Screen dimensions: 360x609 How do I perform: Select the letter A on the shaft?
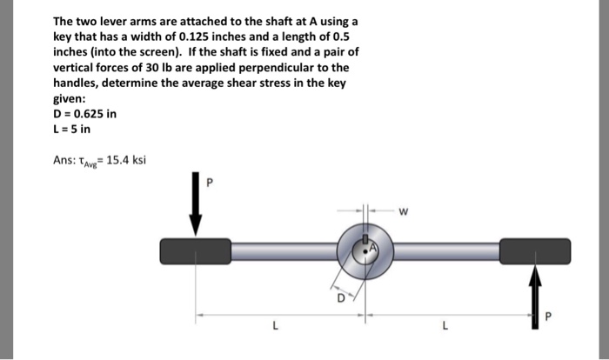(x=374, y=248)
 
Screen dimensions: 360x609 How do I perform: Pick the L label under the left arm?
(x=274, y=327)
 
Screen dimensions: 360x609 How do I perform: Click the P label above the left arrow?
(x=209, y=183)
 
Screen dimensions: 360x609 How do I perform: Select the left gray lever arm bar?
(x=281, y=250)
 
